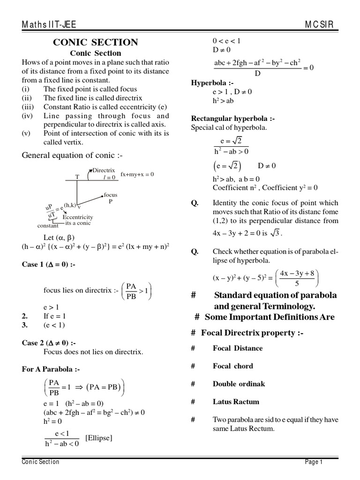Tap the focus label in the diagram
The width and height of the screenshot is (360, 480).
111,195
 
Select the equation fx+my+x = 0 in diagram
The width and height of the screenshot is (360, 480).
137,174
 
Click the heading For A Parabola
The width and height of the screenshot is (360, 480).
47,369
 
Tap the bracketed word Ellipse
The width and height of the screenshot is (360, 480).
99,438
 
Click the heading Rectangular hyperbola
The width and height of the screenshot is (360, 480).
232,119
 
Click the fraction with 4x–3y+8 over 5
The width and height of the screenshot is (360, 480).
297,278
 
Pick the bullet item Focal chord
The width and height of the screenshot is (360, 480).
232,366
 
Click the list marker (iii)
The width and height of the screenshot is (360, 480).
28,107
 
